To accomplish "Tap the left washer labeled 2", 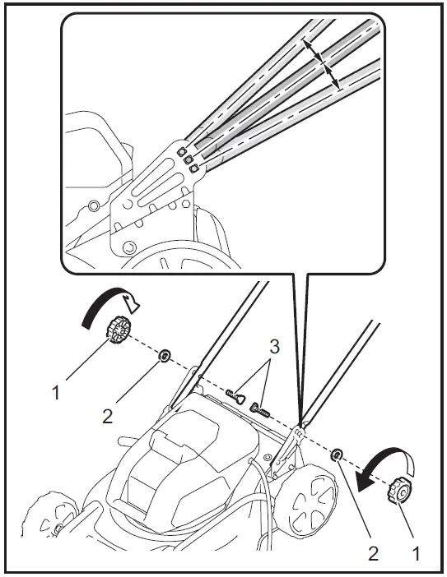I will (164, 356).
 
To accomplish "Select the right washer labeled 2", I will (338, 455).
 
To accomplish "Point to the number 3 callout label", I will (274, 347).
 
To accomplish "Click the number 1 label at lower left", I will (56, 394).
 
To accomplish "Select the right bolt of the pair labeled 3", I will (261, 408).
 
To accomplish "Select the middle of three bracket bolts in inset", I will (186, 159).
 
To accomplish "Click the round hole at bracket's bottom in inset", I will (128, 246).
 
